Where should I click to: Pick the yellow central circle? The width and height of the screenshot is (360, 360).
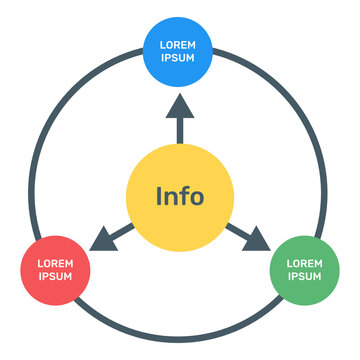coord(180,194)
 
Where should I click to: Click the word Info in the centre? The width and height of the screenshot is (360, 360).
coord(180,195)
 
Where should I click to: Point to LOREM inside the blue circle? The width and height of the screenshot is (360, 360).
coord(179,44)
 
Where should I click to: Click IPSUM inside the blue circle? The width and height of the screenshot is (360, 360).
coord(179,57)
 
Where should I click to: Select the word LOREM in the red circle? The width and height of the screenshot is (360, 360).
coord(55,264)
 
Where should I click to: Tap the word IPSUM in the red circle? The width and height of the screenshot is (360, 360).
coord(55,277)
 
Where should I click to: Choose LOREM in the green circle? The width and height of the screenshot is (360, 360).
coord(305,264)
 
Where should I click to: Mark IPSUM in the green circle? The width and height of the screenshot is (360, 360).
coord(305,277)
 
